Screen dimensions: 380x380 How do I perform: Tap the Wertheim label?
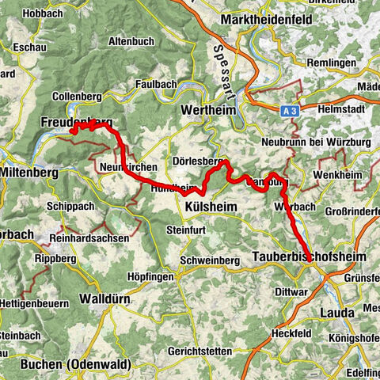(x=208, y=110)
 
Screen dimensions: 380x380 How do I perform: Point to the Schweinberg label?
(x=209, y=260)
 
